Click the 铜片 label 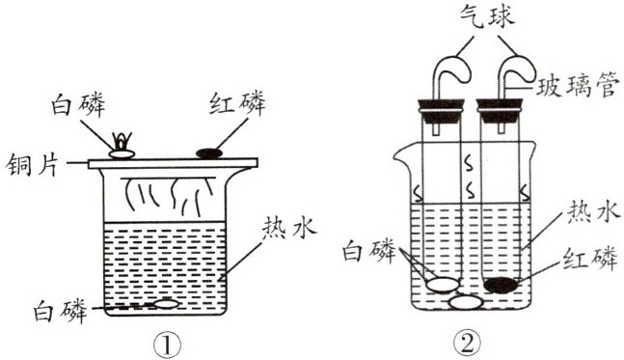coord(32,164)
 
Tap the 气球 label coord(487,17)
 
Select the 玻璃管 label coord(577,85)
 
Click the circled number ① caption coord(167,346)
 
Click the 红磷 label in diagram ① coord(237,102)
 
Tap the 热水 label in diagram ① coord(289,229)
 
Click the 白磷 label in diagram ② coord(369,251)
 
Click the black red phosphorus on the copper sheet coord(209,153)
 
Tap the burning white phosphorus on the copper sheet coord(122,147)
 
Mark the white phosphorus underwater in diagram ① coord(166,304)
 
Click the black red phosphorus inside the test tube coord(502,285)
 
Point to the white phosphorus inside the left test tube coord(443,285)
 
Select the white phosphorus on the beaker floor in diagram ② coord(466,303)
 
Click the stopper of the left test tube coord(441,112)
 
